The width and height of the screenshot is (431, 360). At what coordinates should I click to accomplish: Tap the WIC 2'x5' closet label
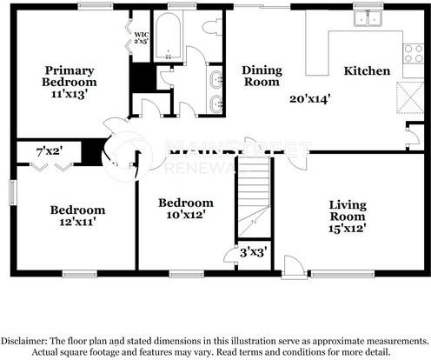tap(141, 39)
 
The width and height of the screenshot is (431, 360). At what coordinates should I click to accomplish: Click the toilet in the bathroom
tap(209, 28)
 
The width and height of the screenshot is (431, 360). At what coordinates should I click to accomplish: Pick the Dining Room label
tap(262, 76)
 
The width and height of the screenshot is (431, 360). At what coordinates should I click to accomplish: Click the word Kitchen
tap(366, 70)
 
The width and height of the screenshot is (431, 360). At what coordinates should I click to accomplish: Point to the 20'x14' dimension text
tap(310, 98)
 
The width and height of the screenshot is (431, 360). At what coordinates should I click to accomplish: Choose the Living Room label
tap(348, 210)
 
